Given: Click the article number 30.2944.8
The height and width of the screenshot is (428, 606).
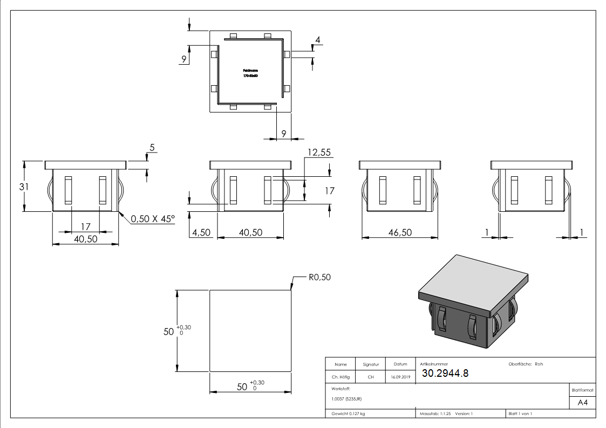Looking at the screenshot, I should [445, 373].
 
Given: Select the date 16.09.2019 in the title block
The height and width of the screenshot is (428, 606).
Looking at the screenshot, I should [400, 377].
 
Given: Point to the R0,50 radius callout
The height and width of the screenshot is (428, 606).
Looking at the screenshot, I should [319, 278].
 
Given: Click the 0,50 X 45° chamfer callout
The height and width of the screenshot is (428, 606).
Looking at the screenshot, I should [153, 219].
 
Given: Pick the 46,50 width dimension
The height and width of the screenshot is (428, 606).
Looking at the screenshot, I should [399, 232].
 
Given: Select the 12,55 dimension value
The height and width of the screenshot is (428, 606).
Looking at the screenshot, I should [318, 153].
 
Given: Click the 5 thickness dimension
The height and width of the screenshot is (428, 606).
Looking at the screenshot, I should [152, 147].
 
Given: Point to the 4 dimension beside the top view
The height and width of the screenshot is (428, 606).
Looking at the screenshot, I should [318, 40].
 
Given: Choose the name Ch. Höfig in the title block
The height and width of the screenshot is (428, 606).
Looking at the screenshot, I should [341, 377].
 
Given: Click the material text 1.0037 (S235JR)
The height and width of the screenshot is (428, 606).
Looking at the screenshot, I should [346, 399].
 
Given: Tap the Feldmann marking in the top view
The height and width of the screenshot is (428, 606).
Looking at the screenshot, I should [250, 71].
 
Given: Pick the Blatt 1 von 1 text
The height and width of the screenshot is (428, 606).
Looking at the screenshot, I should [520, 414].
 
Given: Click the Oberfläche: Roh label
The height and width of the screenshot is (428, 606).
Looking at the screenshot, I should [526, 364].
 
